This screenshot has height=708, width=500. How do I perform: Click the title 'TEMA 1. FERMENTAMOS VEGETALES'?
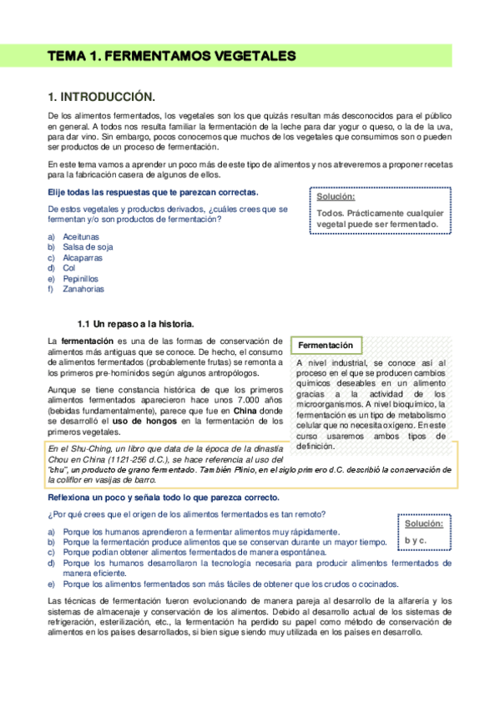[x=172, y=57]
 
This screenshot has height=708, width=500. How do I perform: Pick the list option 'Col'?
[x=69, y=268]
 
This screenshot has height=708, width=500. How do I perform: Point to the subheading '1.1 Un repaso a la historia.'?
[x=135, y=323]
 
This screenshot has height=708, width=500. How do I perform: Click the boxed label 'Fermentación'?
[x=325, y=345]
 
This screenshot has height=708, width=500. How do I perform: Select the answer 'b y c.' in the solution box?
[x=417, y=540]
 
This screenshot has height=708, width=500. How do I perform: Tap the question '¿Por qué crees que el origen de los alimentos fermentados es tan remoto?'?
[x=186, y=513]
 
